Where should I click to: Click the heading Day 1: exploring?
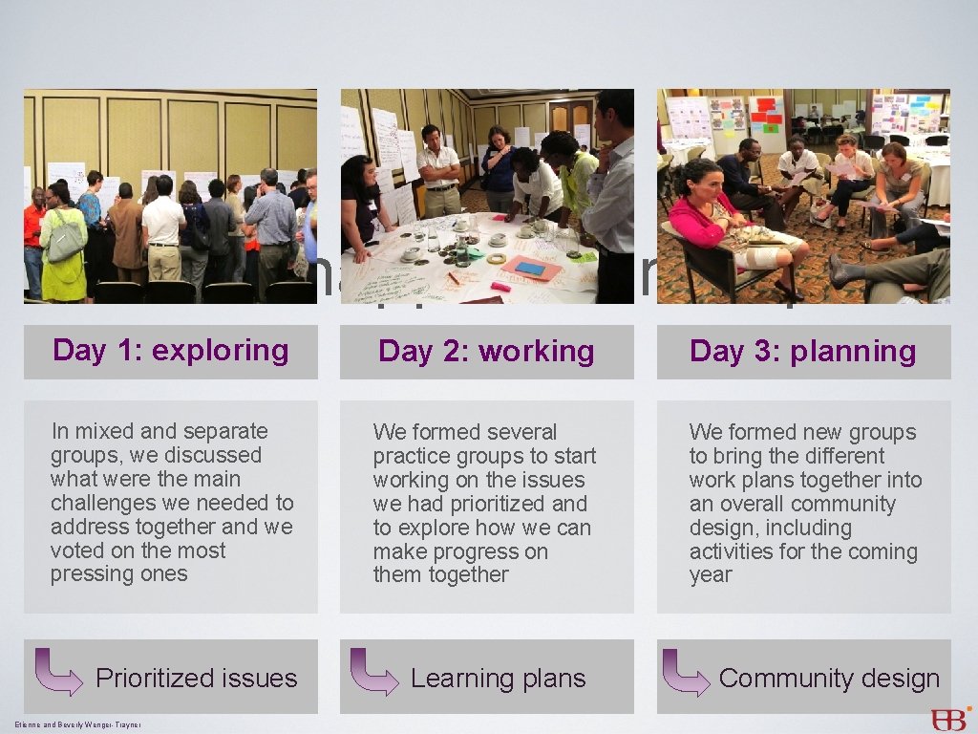click(171, 351)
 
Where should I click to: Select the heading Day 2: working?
click(486, 352)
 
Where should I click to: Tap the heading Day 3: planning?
click(802, 352)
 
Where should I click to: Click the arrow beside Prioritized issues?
click(58, 672)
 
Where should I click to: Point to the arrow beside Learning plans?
click(373, 672)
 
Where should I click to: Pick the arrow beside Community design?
click(686, 672)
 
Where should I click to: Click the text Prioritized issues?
click(197, 679)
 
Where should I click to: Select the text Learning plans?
click(498, 679)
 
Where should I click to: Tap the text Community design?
click(829, 679)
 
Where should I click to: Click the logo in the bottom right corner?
click(950, 719)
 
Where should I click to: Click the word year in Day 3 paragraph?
click(711, 575)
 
